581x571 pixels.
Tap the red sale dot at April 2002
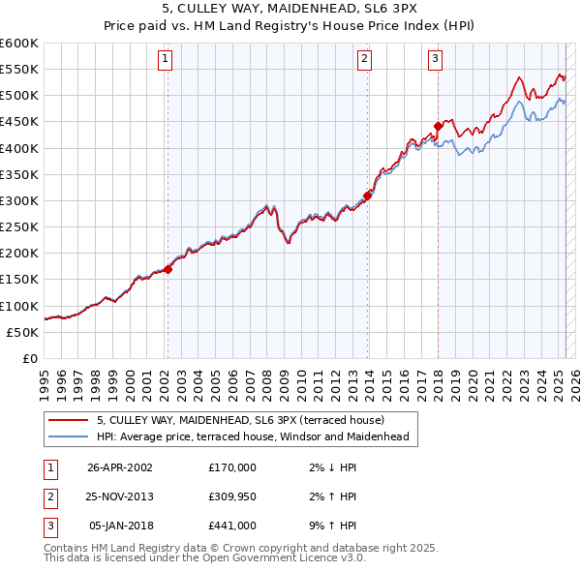pyautogui.click(x=168, y=269)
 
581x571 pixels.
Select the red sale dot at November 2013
pyautogui.click(x=367, y=195)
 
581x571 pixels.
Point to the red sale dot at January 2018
pyautogui.click(x=438, y=126)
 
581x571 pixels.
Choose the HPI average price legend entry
pyautogui.click(x=252, y=436)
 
